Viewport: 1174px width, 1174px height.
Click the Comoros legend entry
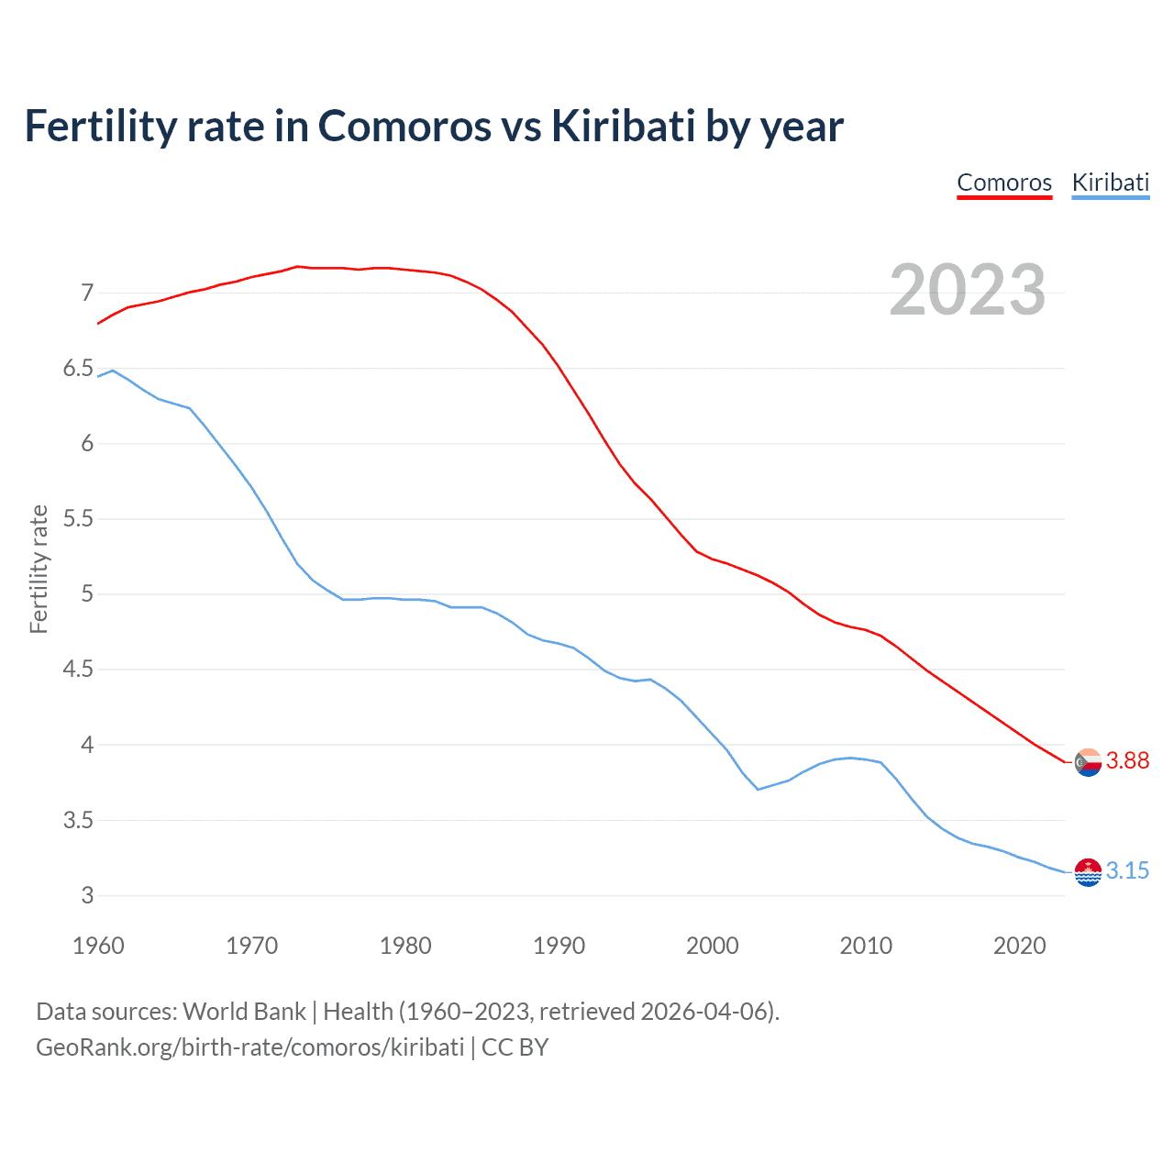[x=1004, y=183]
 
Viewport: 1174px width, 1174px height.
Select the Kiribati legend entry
[x=1110, y=183]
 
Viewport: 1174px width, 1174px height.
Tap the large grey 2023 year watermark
[x=968, y=290]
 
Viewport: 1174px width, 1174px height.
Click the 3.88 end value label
[x=1127, y=760]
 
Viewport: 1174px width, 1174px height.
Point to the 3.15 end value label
[x=1127, y=870]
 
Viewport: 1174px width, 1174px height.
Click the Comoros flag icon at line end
[x=1088, y=761]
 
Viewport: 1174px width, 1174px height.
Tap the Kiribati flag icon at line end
[x=1088, y=871]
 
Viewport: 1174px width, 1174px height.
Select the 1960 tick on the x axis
[x=98, y=946]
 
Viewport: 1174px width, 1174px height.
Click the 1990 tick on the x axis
[x=559, y=946]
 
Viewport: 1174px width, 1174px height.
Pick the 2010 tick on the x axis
[x=866, y=946]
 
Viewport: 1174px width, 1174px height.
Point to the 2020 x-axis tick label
[x=1019, y=946]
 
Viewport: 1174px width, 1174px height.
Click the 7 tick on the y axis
[x=87, y=293]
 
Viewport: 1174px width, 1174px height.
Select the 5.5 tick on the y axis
[x=78, y=519]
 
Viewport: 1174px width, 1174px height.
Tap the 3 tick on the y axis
[x=87, y=895]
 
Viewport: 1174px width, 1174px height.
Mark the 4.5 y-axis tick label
[x=78, y=670]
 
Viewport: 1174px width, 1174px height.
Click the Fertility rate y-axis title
[x=39, y=569]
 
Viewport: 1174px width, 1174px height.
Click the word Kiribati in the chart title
[x=623, y=127]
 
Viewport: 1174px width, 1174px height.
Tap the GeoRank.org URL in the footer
[x=249, y=1047]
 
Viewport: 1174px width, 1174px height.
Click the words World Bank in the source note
[x=244, y=1012]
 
